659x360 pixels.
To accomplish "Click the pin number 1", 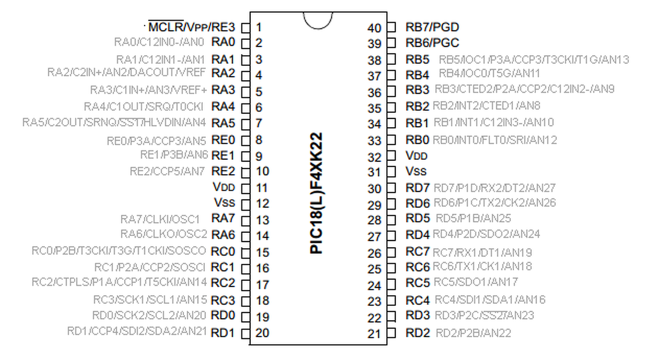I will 258,27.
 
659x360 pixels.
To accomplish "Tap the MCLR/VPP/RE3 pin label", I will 191,27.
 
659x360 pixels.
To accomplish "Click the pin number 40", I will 374,28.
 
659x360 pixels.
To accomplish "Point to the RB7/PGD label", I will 432,27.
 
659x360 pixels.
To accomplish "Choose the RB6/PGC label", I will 432,43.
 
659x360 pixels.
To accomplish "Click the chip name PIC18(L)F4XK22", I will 317,193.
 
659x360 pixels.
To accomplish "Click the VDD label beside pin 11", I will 223,187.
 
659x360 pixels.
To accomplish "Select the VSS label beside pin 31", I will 416,171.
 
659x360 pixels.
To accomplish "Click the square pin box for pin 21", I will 391,333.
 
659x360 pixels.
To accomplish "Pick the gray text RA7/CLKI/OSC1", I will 160,219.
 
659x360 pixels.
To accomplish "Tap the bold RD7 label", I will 418,188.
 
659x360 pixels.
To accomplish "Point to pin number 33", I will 374,141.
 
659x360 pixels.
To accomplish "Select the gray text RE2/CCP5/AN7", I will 167,171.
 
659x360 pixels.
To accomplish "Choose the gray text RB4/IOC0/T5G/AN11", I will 489,74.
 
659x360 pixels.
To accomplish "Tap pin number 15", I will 262,252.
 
